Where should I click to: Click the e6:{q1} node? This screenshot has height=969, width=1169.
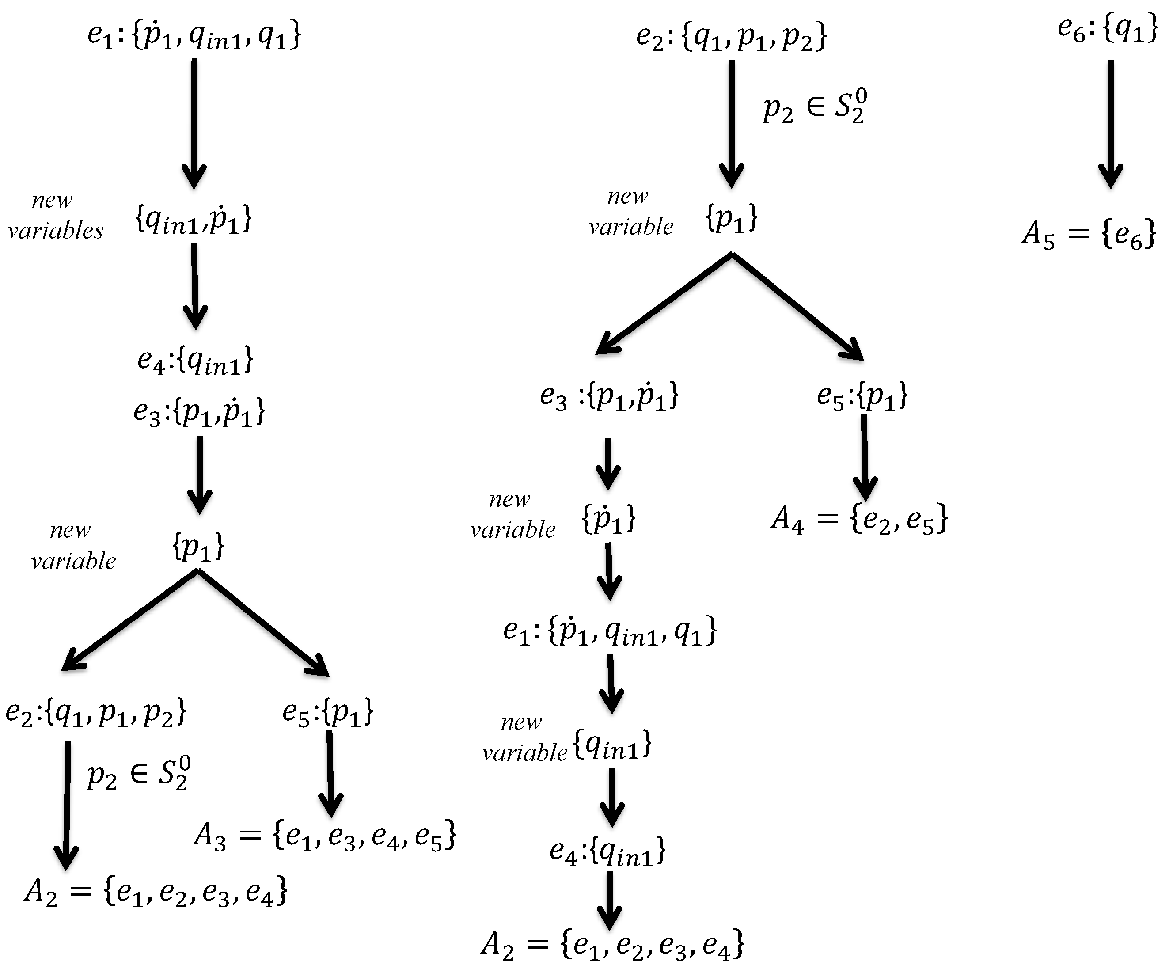1107,30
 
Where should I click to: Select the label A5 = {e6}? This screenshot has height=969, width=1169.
1088,234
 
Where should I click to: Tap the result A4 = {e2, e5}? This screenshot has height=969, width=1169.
859,520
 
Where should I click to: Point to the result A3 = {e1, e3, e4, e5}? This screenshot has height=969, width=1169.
325,836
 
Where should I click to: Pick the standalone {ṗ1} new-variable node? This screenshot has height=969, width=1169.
608,519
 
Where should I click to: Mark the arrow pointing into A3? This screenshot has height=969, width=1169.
330,774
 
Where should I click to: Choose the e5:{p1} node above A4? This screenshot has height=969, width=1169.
862,396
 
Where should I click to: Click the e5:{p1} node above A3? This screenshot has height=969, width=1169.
327,712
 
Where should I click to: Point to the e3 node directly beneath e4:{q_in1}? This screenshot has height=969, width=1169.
199,412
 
